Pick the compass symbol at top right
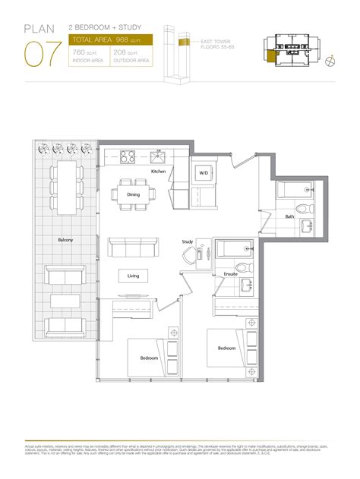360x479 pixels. tap(331, 61)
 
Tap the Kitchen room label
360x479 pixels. tap(157, 172)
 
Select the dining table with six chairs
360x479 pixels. tap(134, 193)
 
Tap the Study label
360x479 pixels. tap(188, 243)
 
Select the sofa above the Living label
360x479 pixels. tap(134, 247)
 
